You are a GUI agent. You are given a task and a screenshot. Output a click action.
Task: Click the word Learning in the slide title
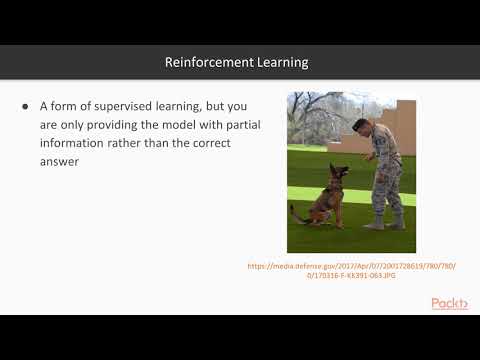click(279, 62)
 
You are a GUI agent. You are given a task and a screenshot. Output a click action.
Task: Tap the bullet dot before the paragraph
click(25, 106)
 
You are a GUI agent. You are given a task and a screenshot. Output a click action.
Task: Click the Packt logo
click(449, 303)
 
